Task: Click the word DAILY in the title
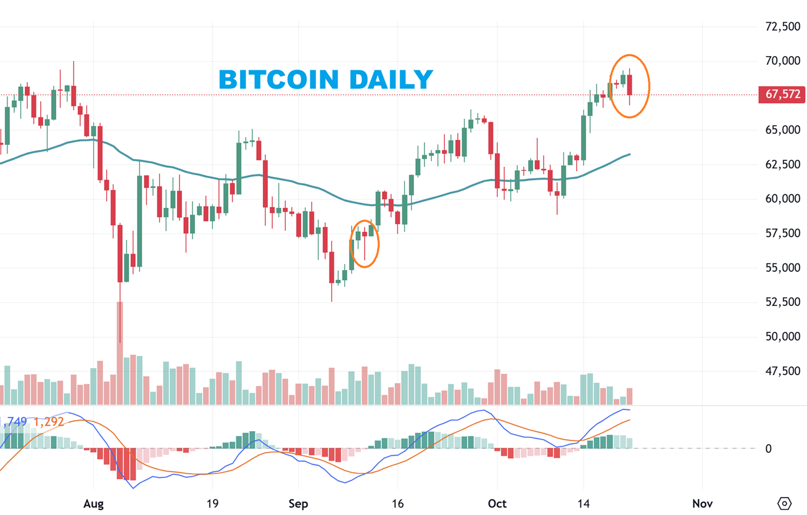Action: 391,80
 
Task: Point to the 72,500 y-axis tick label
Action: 782,27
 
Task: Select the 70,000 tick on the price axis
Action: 782,61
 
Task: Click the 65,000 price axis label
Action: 782,130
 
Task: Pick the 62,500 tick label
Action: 782,165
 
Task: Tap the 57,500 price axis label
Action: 782,233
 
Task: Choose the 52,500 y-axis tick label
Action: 782,302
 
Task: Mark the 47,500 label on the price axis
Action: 782,371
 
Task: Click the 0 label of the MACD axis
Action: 768,449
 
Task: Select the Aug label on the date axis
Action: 93,503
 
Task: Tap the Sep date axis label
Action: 298,503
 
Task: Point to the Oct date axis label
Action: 497,503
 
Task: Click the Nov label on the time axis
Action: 702,503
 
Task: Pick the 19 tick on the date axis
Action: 212,503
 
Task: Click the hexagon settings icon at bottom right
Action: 784,503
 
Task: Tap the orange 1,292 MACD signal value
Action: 48,422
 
